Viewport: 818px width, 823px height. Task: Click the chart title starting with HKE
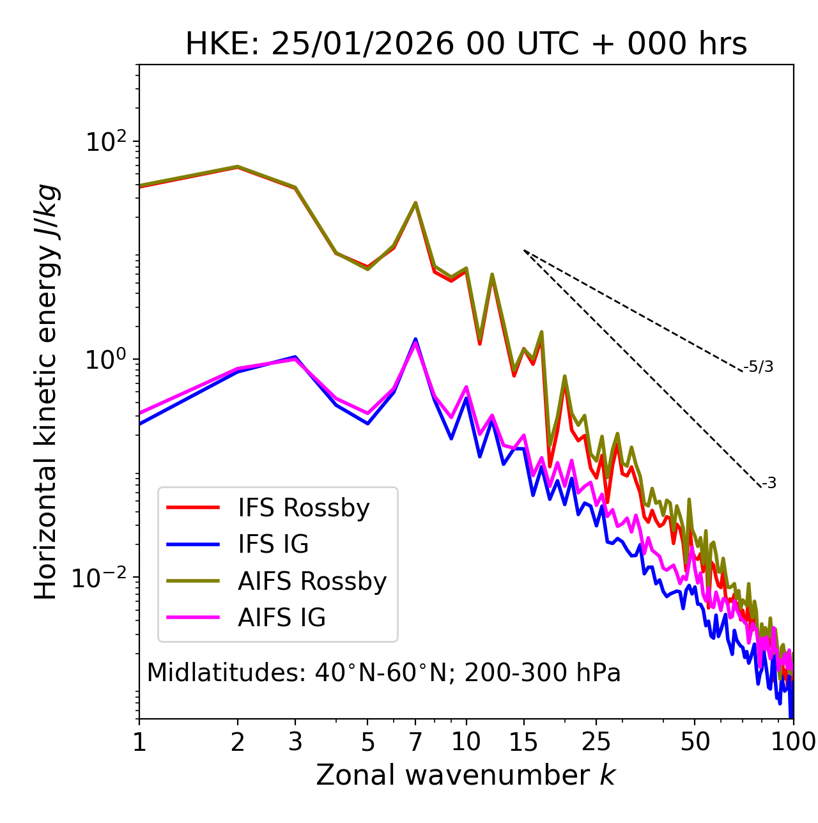click(466, 45)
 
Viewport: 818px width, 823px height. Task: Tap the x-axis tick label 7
click(415, 742)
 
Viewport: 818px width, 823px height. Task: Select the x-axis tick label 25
click(596, 742)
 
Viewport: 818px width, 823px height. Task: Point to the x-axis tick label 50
click(695, 742)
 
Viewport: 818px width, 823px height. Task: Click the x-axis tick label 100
click(792, 742)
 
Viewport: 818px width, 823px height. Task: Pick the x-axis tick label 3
click(295, 742)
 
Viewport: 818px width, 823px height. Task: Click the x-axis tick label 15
click(523, 742)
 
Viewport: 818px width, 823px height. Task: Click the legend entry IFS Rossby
click(304, 508)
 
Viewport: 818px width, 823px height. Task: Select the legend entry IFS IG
click(273, 544)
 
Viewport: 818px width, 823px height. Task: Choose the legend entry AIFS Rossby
click(312, 581)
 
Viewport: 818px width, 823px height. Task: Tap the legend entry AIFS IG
click(281, 618)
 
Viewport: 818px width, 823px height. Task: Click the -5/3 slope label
click(759, 367)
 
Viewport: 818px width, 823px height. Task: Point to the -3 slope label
click(769, 483)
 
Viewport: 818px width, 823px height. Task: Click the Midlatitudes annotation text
click(383, 673)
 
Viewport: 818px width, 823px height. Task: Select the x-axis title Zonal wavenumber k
click(465, 775)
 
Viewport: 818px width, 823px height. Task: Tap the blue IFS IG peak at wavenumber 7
click(415, 339)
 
